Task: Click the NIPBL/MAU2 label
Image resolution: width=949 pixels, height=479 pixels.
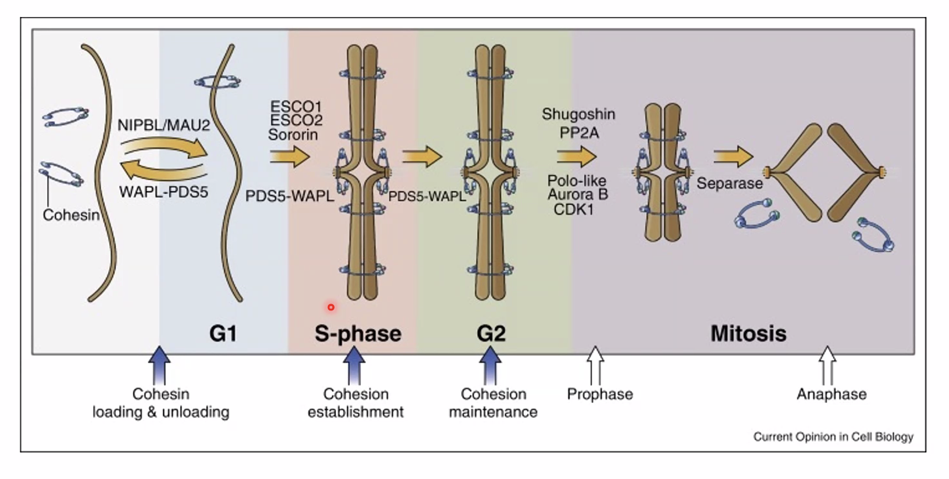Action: click(x=164, y=125)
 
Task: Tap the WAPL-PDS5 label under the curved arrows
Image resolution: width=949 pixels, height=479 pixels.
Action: click(x=164, y=192)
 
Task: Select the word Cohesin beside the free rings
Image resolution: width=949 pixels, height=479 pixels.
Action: click(x=71, y=215)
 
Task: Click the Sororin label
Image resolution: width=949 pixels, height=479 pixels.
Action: click(x=293, y=135)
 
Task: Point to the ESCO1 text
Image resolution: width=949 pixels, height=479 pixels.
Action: click(x=295, y=106)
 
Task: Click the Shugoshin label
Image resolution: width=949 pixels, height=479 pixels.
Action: click(x=578, y=114)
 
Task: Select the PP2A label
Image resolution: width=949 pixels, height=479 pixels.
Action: click(x=579, y=133)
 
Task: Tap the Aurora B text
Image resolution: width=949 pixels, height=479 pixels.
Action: click(x=577, y=194)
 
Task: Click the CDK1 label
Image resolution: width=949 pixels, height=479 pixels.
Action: click(x=573, y=209)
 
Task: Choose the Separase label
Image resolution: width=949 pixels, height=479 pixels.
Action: click(x=729, y=183)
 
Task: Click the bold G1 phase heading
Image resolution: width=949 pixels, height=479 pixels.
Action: click(x=223, y=333)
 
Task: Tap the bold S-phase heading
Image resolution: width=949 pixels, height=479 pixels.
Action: click(x=358, y=333)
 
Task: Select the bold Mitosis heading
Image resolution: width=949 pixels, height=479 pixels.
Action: click(x=748, y=333)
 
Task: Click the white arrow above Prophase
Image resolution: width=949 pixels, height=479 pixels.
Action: click(x=595, y=365)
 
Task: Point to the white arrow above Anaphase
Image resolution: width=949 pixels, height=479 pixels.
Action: click(x=827, y=365)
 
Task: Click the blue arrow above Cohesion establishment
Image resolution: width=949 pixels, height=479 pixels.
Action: click(x=354, y=365)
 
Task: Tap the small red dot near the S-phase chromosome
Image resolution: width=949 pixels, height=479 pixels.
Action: click(x=331, y=307)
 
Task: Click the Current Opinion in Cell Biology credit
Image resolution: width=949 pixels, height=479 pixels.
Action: click(x=833, y=437)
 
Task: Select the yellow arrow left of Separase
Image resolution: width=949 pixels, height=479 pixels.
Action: click(x=733, y=157)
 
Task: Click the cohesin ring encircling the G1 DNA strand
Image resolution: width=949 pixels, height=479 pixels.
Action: click(x=218, y=82)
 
